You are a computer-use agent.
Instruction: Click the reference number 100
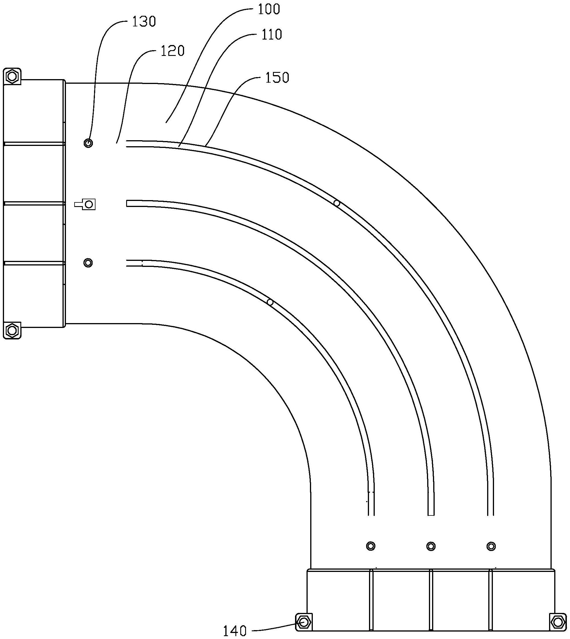(x=268, y=9)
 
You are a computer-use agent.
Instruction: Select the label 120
(x=173, y=51)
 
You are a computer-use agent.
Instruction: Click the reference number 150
(x=277, y=78)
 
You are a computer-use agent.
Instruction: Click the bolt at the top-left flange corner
(x=12, y=76)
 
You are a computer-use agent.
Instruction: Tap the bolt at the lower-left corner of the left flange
(x=12, y=330)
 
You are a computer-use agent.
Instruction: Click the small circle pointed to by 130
(x=88, y=143)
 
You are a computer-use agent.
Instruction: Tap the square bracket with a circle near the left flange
(x=89, y=204)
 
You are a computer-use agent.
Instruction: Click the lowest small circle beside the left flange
(x=88, y=262)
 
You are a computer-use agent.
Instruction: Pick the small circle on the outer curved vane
(x=337, y=203)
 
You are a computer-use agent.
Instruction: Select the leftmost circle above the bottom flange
(x=371, y=546)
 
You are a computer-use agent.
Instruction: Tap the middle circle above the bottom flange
(x=431, y=546)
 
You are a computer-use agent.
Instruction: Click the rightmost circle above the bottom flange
(x=491, y=546)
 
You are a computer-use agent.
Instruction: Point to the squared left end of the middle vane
(x=128, y=204)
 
